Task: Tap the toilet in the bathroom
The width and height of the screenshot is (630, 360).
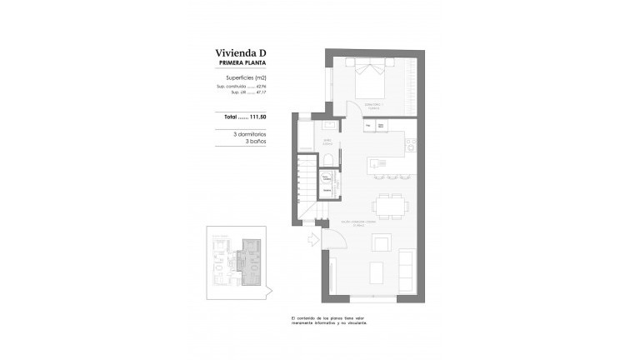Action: pos(328,162)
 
